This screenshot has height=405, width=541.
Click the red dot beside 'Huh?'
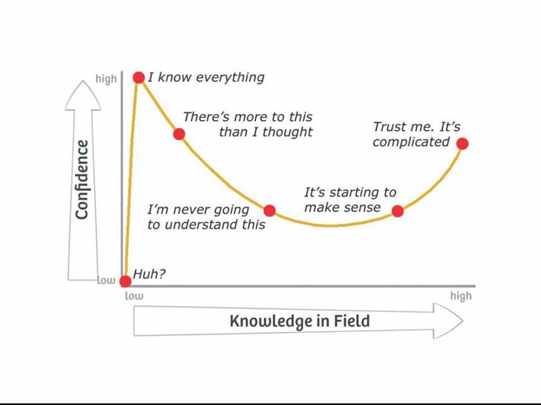click(125, 281)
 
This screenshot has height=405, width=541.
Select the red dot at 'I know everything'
click(139, 78)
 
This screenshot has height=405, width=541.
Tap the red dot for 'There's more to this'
click(179, 133)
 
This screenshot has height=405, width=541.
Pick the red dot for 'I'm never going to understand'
click(269, 211)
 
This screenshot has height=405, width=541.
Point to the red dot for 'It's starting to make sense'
click(398, 211)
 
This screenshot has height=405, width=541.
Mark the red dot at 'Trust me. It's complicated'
click(463, 143)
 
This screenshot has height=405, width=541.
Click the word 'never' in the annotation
click(193, 210)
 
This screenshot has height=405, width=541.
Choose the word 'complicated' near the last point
click(411, 142)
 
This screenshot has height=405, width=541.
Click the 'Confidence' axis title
click(81, 179)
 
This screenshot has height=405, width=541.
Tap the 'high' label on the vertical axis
click(106, 79)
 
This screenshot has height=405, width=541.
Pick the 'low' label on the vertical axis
click(106, 281)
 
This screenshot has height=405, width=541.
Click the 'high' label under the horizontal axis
click(461, 296)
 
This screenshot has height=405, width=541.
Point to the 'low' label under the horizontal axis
click(134, 296)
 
